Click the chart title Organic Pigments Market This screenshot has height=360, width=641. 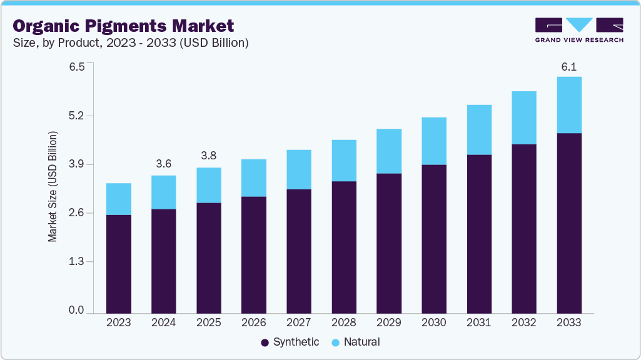123,26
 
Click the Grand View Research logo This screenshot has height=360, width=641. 579,30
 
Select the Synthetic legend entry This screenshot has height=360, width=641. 290,342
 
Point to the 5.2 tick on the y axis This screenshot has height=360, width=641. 76,116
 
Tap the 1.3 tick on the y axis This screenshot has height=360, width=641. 76,261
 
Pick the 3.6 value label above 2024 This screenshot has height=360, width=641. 163,164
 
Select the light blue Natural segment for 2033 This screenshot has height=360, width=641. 568,105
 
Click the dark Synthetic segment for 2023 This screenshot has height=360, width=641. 119,264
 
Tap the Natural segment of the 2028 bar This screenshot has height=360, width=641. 343,161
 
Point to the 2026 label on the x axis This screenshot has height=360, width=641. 253,322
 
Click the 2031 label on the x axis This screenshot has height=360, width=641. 478,322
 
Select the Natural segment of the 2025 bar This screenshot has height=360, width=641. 208,185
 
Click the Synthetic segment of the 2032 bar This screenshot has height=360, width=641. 523,229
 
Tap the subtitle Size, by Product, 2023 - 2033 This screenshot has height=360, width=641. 131,43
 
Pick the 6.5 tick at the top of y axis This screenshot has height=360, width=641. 76,67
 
